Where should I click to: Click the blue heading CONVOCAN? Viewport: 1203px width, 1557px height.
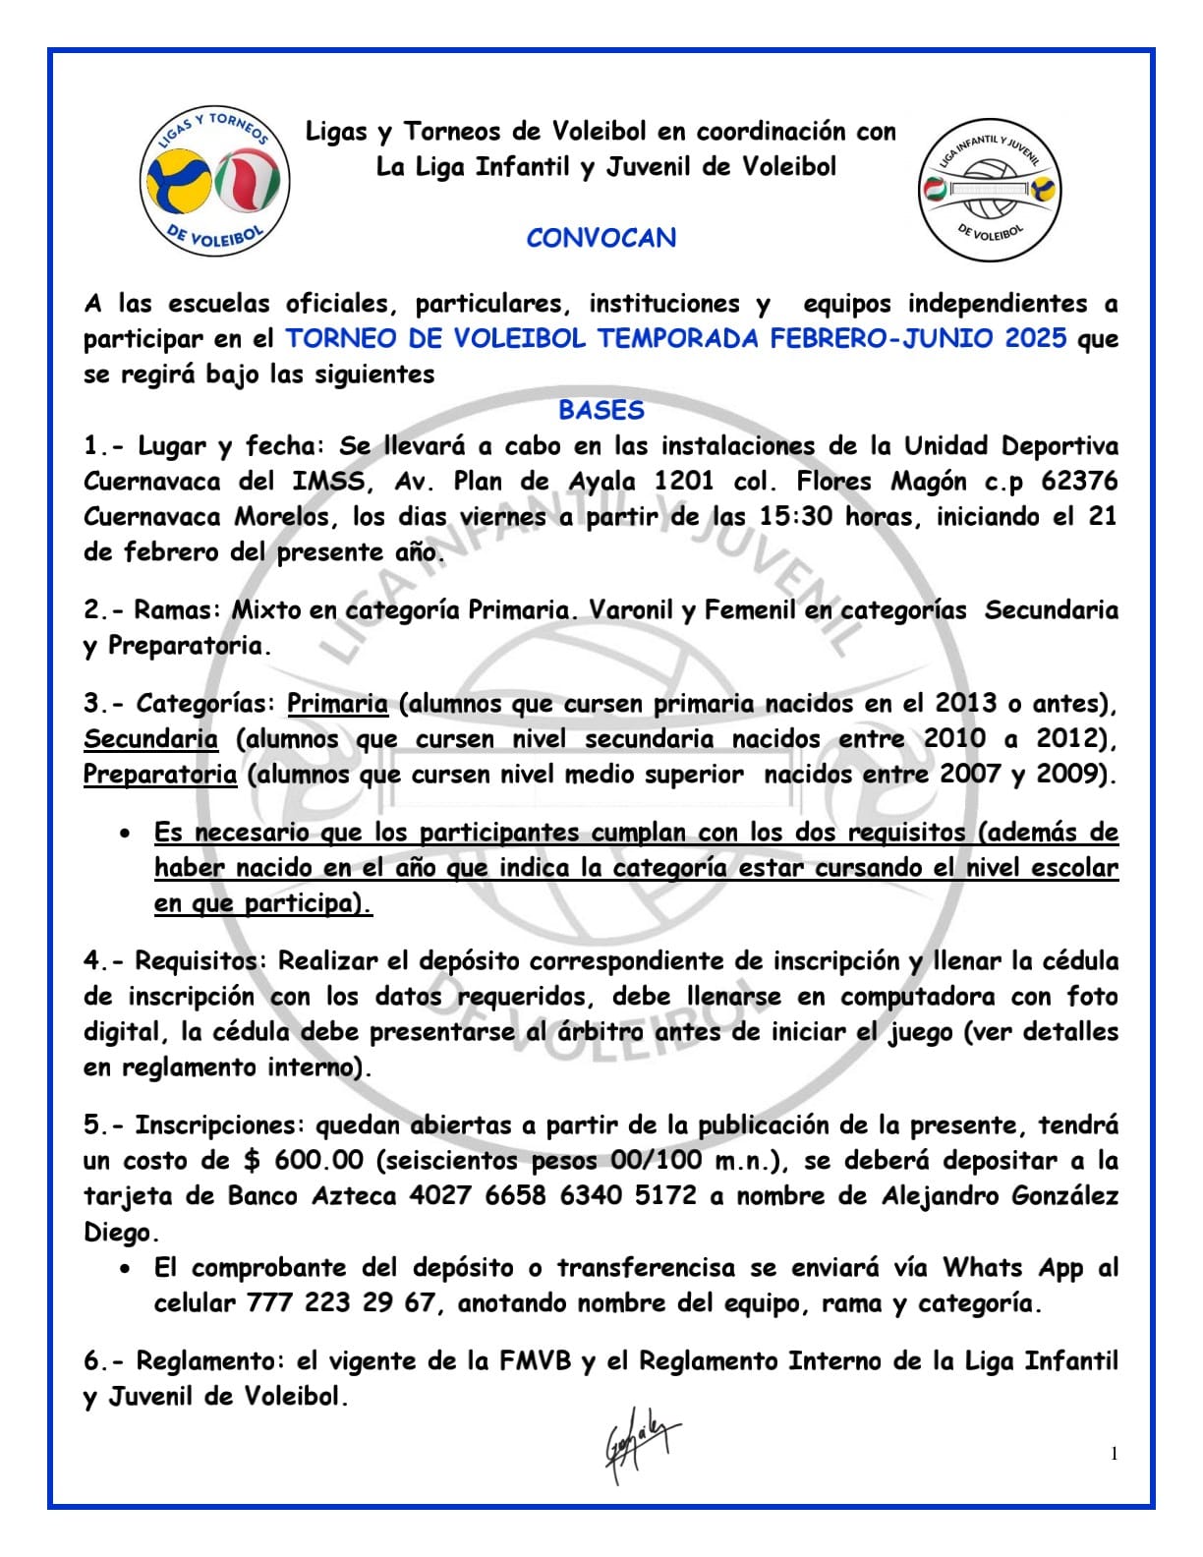pos(601,238)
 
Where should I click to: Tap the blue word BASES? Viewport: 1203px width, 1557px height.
pos(601,410)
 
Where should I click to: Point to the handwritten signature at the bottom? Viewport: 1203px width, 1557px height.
pos(640,1441)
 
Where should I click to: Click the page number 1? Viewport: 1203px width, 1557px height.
pos(1114,1454)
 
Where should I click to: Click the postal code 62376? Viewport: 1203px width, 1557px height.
pos(1079,482)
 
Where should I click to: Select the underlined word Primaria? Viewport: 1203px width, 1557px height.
pos(337,704)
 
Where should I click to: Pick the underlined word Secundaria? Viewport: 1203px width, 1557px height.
pos(150,739)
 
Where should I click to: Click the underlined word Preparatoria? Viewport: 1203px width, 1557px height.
pos(159,775)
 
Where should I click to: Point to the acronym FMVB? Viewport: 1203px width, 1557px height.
pos(535,1361)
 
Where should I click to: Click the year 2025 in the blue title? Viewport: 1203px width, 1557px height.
pos(1035,339)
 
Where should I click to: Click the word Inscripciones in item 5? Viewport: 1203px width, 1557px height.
pos(220,1125)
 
